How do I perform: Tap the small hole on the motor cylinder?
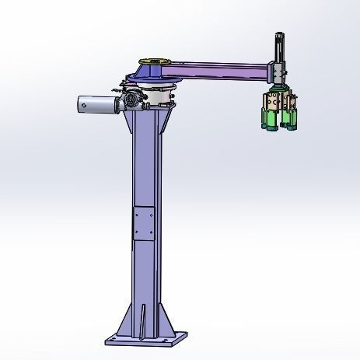point(85,100)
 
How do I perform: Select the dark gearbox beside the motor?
point(129,100)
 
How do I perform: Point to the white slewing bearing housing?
point(159,97)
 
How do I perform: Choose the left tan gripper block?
point(269,101)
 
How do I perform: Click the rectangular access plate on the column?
point(143,223)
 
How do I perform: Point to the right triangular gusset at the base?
point(168,319)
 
